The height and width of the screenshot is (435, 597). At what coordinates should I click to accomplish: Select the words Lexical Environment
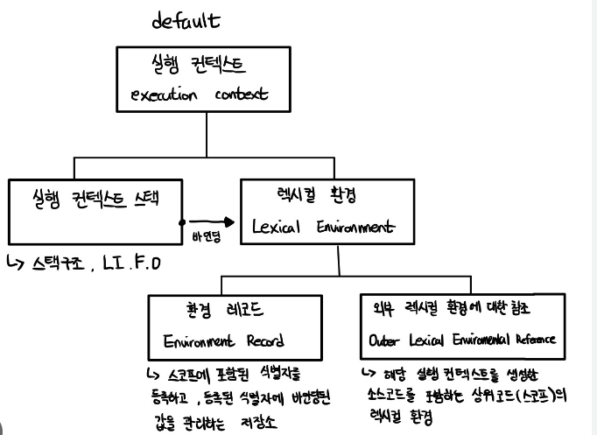click(323, 227)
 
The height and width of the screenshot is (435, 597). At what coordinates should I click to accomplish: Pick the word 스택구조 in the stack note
click(65, 263)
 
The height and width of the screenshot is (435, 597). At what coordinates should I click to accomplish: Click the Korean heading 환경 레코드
click(226, 312)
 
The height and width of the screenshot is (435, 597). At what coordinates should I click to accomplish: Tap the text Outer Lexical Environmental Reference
click(463, 340)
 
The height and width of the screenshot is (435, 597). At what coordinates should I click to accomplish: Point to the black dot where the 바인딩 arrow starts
click(180, 222)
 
